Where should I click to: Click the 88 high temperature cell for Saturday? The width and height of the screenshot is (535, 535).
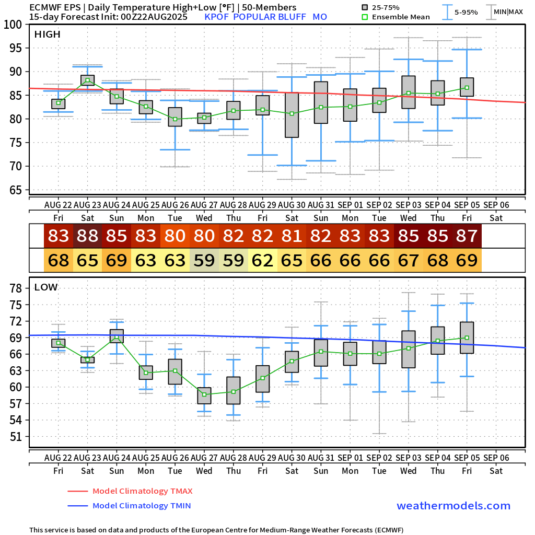88,236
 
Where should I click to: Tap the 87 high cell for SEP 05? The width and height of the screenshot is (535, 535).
467,236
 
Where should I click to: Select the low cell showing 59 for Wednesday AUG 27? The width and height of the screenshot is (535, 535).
204,260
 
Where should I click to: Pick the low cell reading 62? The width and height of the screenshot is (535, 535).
263,260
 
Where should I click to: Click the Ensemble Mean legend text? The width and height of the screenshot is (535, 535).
402,17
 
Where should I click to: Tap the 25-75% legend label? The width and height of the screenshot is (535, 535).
386,7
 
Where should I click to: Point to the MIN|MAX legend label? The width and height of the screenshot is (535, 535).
508,11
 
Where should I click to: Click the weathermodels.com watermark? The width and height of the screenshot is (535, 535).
453,506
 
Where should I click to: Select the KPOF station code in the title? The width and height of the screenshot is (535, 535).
217,17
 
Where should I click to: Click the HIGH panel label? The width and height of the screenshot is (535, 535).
47,34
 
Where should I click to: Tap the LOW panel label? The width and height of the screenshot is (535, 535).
46,287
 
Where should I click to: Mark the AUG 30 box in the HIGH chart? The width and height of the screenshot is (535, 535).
292,115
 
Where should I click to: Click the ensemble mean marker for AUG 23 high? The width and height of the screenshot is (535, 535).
88,80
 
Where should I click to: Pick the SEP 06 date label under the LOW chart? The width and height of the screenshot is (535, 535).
496,457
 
